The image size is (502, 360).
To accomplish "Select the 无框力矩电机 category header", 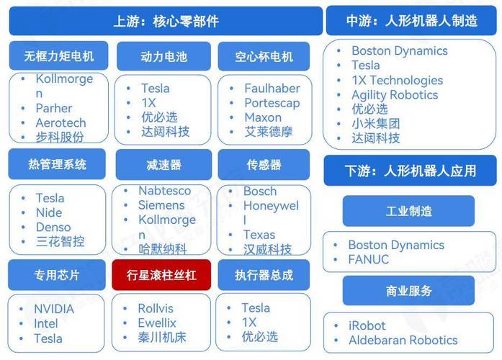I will coord(58,56).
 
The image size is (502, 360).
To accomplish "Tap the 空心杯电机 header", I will coord(264,56).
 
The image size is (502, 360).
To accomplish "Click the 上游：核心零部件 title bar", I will coord(165,21).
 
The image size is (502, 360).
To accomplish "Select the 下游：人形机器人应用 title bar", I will coord(410,171).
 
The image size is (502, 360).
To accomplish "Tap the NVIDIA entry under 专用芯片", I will coord(54,309).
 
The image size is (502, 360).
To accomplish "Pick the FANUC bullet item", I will coord(368,259).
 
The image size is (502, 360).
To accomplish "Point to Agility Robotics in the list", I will coord(394,94).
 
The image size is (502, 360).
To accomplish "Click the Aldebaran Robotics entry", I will coord(403,340).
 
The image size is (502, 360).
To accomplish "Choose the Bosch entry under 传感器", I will coord(260,192).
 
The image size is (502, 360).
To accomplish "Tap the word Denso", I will coord(53,227).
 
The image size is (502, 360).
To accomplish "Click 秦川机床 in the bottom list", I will coord(163,337).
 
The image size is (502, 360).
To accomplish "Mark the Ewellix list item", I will coord(157,323).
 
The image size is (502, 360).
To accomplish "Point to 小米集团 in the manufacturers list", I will coord(375,123).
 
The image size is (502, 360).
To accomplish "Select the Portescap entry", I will coord(272,103).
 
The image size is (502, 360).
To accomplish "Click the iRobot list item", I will coord(367,325).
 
